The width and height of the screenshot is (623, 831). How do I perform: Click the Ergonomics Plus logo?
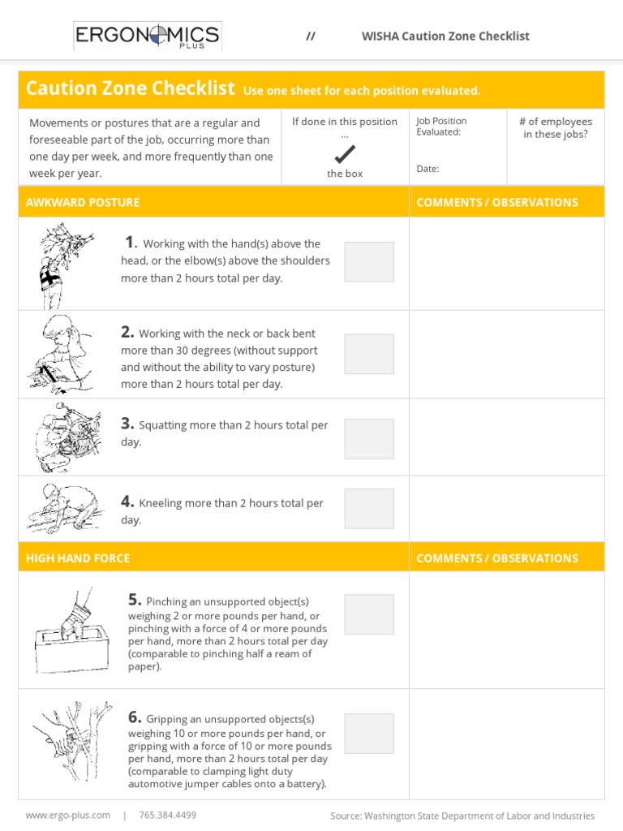[x=147, y=36]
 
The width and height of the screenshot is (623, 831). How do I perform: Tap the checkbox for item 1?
[x=369, y=261]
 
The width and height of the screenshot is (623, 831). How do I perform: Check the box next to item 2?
[x=369, y=354]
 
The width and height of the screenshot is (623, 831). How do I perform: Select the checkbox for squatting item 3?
[x=369, y=438]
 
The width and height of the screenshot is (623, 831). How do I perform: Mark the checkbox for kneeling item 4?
[x=369, y=509]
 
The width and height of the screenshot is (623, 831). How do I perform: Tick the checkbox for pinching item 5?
[x=369, y=614]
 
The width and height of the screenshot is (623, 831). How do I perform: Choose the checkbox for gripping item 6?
[x=369, y=734]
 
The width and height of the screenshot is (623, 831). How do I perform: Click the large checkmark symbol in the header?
[x=345, y=153]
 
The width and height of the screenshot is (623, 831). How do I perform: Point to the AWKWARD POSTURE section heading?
[x=83, y=202]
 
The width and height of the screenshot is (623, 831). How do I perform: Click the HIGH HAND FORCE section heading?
[x=78, y=558]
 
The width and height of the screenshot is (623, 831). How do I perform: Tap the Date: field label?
[x=428, y=169]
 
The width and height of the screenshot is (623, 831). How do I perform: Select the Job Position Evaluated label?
[x=441, y=127]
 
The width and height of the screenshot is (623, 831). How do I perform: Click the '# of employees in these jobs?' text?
[x=556, y=128]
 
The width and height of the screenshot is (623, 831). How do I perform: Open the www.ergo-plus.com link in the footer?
[x=68, y=815]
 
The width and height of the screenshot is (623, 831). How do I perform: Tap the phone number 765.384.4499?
[x=168, y=815]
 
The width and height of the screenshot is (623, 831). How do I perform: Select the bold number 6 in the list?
[x=135, y=717]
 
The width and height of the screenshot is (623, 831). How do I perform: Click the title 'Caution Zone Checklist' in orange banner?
[x=130, y=89]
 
